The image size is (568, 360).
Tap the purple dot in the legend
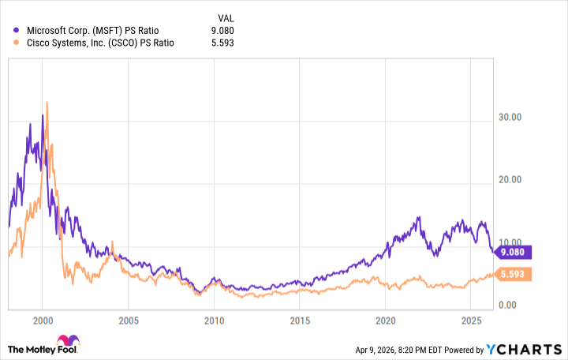(15, 31)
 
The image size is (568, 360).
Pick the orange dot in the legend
(15, 44)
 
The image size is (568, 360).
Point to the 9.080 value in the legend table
(221, 31)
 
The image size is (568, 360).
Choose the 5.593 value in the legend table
(221, 44)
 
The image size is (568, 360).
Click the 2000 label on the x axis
(43, 321)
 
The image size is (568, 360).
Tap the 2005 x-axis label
(128, 321)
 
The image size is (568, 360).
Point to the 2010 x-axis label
(213, 321)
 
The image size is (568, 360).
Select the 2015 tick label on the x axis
(299, 321)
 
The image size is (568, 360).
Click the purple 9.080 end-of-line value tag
(514, 253)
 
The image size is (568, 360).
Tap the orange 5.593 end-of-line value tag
(514, 274)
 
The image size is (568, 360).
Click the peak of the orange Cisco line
(47, 102)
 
